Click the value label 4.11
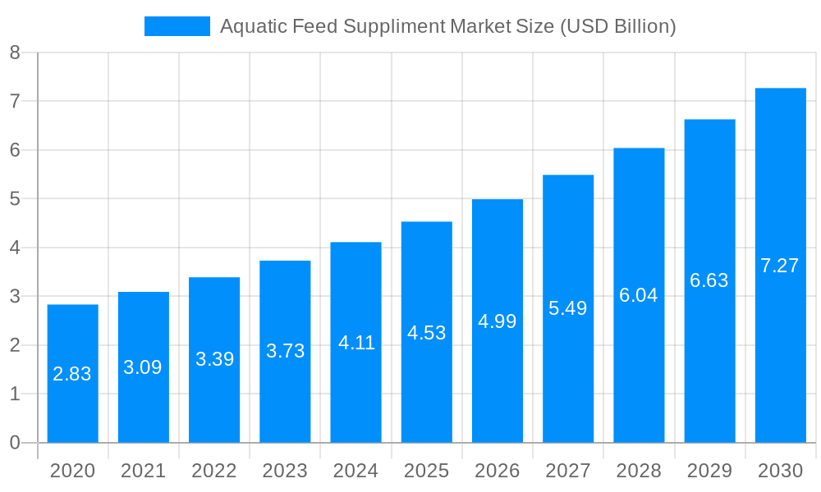pyautogui.click(x=356, y=343)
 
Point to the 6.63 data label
pyautogui.click(x=709, y=280)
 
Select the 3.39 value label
pyautogui.click(x=214, y=359)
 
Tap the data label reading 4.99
pyautogui.click(x=497, y=321)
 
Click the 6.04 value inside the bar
pyautogui.click(x=638, y=295)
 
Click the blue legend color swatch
pyautogui.click(x=177, y=26)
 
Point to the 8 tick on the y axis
pyautogui.click(x=15, y=52)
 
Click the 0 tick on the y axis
pyautogui.click(x=15, y=443)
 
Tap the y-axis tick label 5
pyautogui.click(x=15, y=199)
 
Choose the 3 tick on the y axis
pyautogui.click(x=15, y=297)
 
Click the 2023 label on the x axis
pyautogui.click(x=285, y=471)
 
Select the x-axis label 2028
pyautogui.click(x=639, y=471)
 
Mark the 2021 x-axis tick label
pyautogui.click(x=143, y=471)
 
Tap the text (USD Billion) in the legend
pyautogui.click(x=617, y=26)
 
